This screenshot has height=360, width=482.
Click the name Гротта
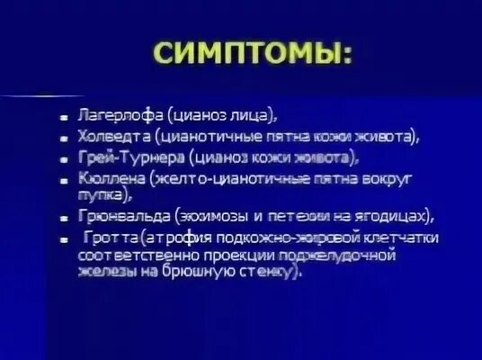tap(107, 238)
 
